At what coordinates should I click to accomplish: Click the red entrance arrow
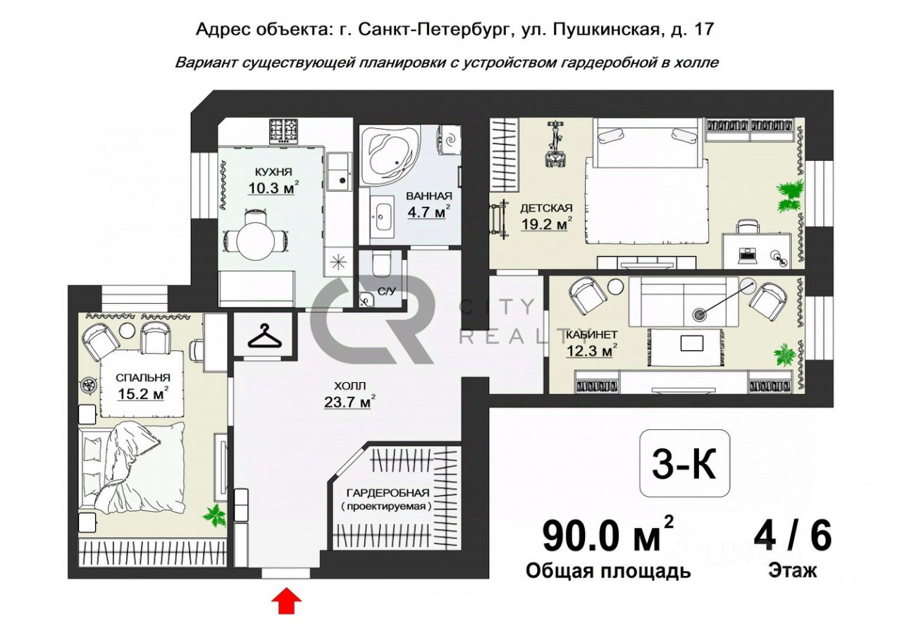tap(286, 601)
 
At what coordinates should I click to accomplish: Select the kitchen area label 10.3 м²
tap(273, 188)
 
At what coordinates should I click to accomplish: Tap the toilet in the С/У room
tap(381, 264)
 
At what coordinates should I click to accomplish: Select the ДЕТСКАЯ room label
tap(546, 208)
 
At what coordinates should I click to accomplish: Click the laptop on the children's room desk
tap(746, 255)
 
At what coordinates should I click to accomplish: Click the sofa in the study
tap(684, 302)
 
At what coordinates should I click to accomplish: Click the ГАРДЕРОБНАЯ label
tap(388, 493)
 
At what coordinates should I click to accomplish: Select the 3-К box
tap(684, 464)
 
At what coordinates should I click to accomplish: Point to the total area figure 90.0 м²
tap(607, 536)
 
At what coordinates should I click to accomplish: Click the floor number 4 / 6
tap(793, 537)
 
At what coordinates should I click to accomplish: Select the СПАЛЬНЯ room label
tap(143, 378)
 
